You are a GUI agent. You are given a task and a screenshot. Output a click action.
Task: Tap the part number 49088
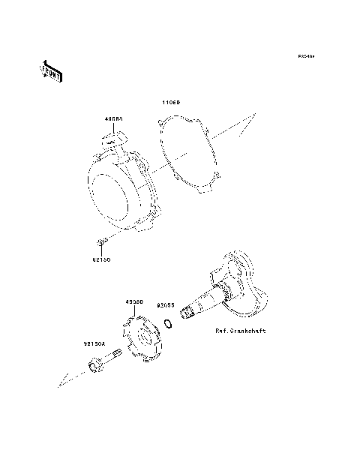[113, 118]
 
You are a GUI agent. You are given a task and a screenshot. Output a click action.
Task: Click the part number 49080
[134, 301]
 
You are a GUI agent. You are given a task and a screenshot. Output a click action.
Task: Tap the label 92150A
[94, 345]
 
